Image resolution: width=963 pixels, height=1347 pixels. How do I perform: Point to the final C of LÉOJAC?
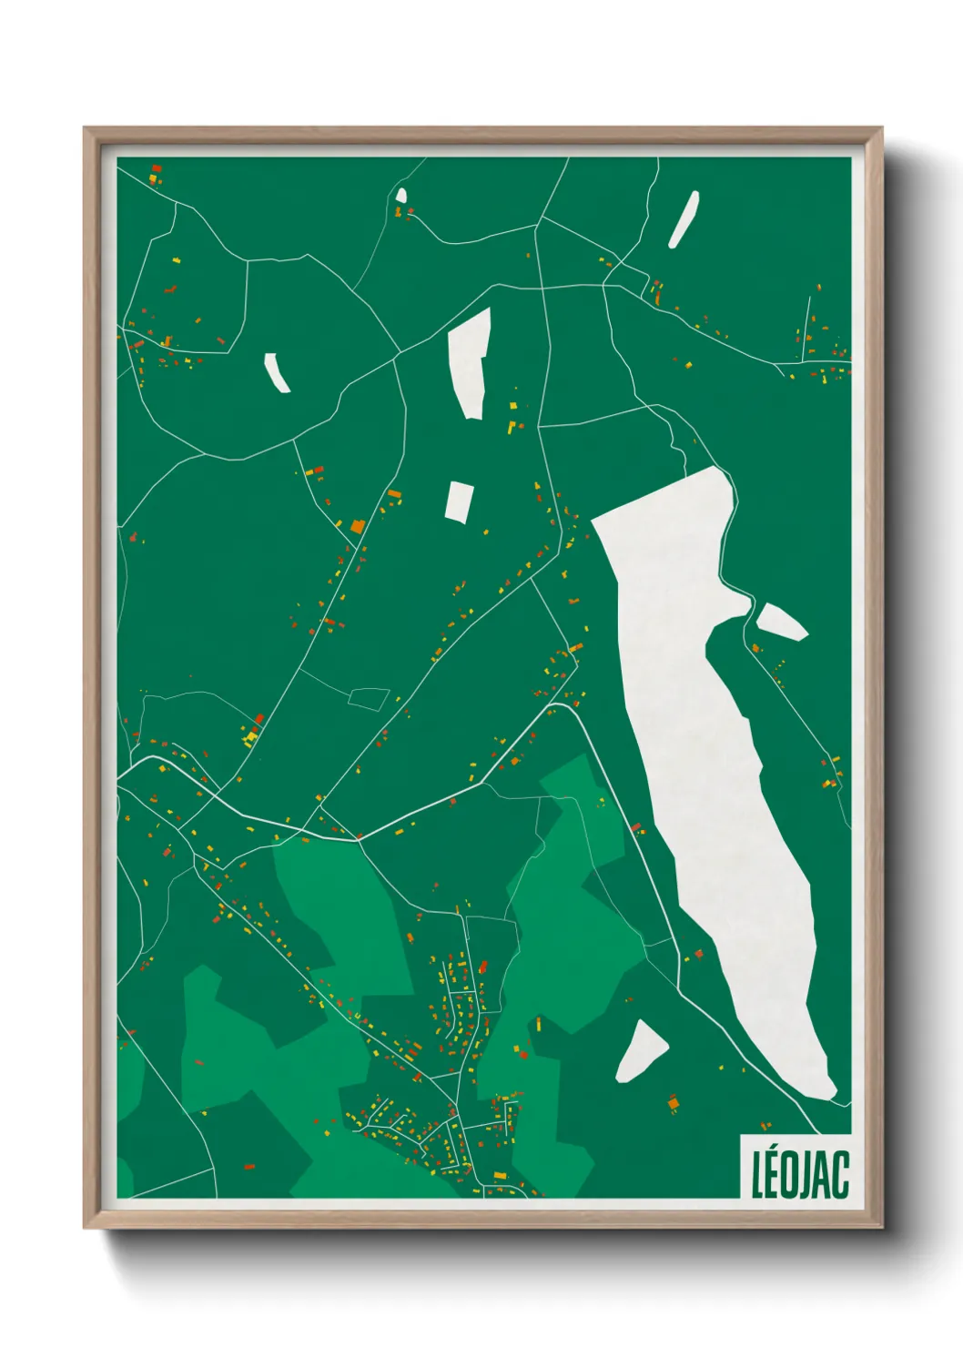pos(841,1175)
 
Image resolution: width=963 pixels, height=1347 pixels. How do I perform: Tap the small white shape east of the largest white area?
pos(781,622)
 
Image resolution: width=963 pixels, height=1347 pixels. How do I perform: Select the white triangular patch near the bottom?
pos(641,1051)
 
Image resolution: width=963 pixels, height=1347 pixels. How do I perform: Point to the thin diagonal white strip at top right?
pos(684,218)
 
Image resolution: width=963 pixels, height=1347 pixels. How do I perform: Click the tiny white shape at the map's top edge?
pos(401,194)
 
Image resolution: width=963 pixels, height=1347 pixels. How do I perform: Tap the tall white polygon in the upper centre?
pos(471,362)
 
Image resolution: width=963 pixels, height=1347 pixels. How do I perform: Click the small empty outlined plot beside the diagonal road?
pos(369,698)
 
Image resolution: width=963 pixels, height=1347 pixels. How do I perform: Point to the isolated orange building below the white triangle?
pos(674,1104)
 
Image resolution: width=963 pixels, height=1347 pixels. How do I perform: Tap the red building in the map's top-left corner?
pos(156,169)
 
